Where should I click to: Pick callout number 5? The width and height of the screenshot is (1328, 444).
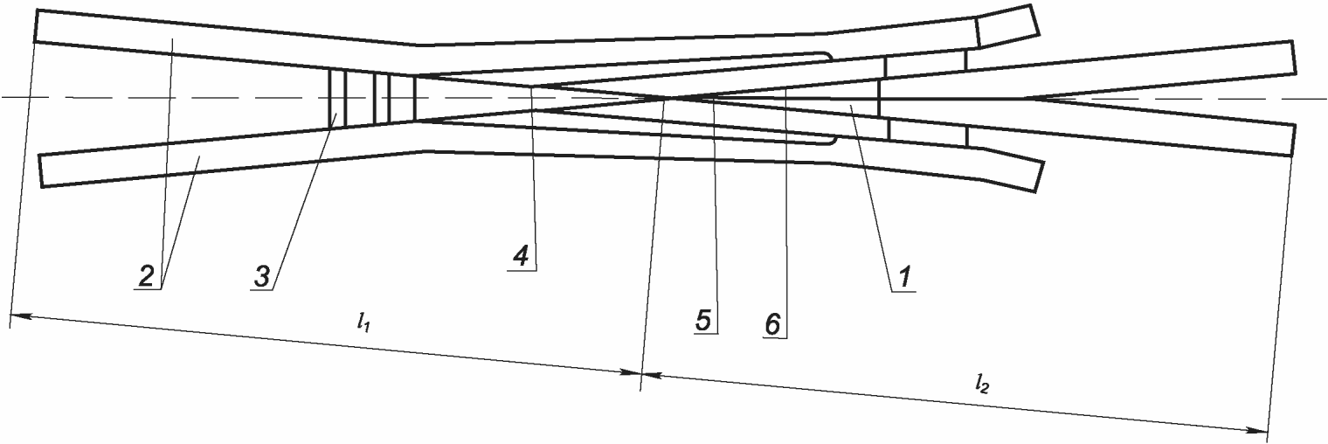click(x=704, y=320)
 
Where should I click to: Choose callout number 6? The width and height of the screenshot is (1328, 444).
click(x=771, y=323)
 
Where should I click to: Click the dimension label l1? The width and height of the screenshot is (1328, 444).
click(x=361, y=322)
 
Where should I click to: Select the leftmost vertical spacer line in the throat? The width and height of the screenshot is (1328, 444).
click(x=330, y=98)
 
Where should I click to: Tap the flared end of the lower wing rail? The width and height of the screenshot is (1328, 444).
click(x=1011, y=170)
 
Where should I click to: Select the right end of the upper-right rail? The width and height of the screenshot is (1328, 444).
click(x=1291, y=58)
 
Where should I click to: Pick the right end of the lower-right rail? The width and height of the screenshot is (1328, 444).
click(x=1291, y=140)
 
